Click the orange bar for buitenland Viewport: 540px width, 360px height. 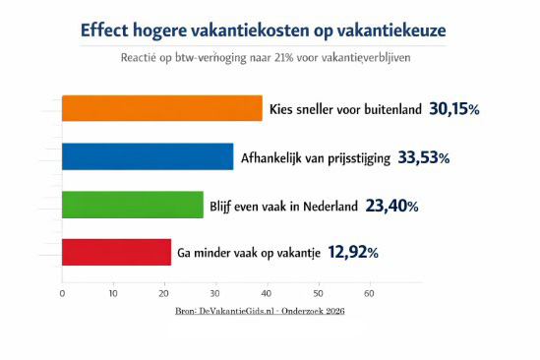[x=162, y=108]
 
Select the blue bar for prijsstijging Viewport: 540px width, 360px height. [x=148, y=156]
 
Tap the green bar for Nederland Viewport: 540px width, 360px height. [x=133, y=205]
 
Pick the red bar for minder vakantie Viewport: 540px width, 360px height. [x=116, y=253]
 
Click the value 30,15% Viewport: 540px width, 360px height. [x=453, y=108]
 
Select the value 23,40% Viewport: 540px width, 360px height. [x=391, y=206]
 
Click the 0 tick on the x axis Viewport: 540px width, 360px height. [x=62, y=293]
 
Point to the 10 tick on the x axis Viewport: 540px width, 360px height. [x=113, y=293]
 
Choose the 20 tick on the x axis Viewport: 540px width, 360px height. [x=164, y=293]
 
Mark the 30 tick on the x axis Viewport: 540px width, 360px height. [x=215, y=293]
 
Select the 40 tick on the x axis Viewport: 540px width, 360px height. [x=267, y=293]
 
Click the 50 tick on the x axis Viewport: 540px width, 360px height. [x=318, y=293]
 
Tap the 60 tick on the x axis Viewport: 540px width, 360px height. [x=369, y=293]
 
